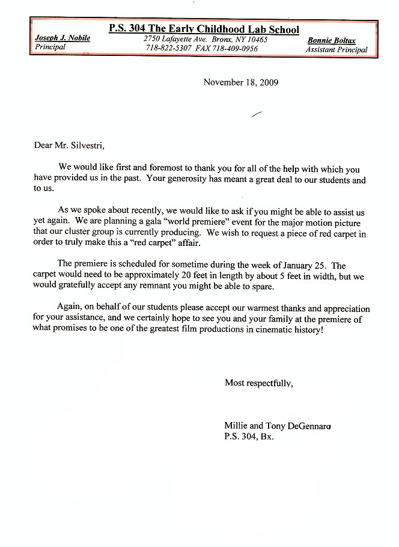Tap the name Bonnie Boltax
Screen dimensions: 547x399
(x=331, y=40)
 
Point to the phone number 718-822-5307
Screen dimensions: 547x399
(x=168, y=48)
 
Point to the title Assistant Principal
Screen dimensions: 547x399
(x=337, y=50)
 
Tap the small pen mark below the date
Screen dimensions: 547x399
(x=257, y=113)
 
